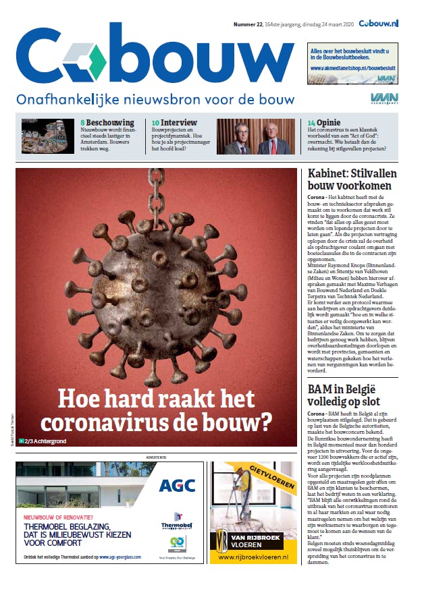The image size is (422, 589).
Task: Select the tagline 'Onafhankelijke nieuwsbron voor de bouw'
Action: click(x=155, y=99)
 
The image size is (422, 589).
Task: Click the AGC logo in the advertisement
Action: click(x=178, y=485)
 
